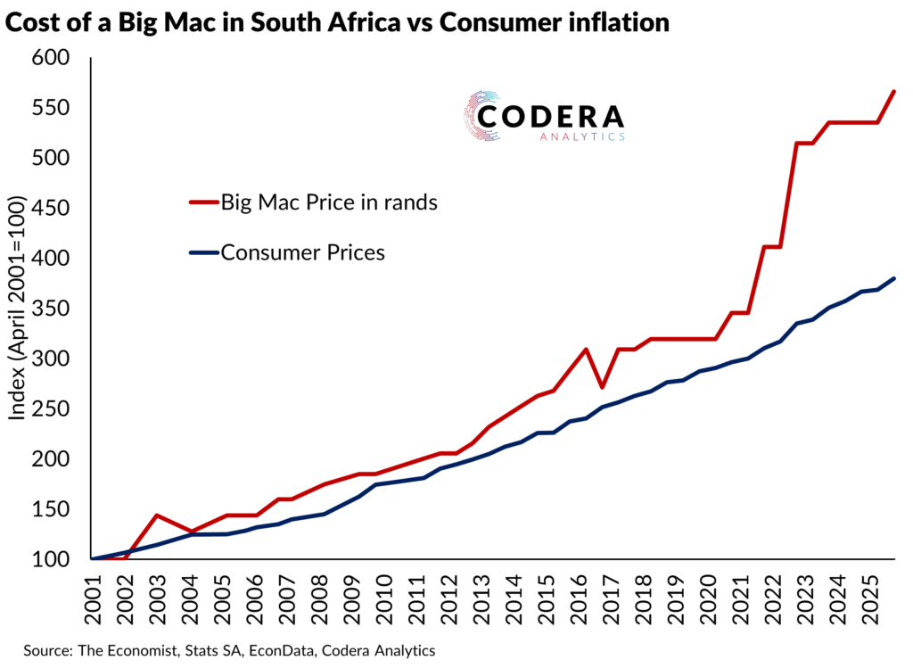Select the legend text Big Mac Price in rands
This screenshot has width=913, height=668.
tap(329, 202)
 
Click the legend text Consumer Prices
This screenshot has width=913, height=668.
tap(302, 252)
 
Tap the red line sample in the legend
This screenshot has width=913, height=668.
tap(203, 202)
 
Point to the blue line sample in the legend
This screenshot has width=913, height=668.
tap(203, 252)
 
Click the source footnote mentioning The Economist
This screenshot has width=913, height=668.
tap(230, 650)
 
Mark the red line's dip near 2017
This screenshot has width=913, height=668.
tap(603, 387)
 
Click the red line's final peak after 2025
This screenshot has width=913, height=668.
tap(894, 91)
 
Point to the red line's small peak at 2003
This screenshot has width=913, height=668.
tap(157, 515)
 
